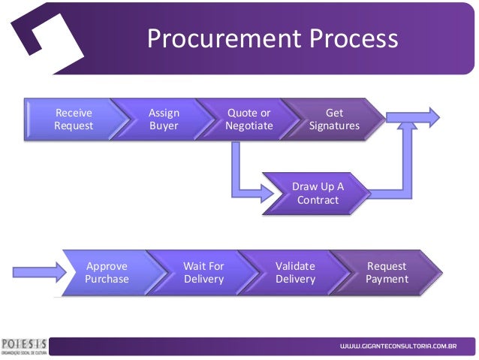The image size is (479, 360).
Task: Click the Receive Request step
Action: coord(74,119)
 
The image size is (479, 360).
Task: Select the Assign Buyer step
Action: coord(164,119)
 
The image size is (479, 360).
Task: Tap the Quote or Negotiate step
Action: coord(249,119)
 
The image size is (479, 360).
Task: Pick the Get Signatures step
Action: coord(334,119)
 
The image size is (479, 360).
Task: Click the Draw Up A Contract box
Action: coord(318,193)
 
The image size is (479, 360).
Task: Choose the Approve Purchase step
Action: coord(107,272)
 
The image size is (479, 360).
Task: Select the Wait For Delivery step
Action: coord(203,272)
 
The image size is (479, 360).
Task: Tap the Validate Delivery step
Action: coord(295,272)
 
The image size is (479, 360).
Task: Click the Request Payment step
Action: coord(387,272)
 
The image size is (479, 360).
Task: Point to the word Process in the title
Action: coord(348,39)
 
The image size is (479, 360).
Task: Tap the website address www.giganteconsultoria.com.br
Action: coord(398,346)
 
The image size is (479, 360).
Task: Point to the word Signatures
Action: coord(334,126)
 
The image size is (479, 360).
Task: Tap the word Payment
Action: coord(387,279)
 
